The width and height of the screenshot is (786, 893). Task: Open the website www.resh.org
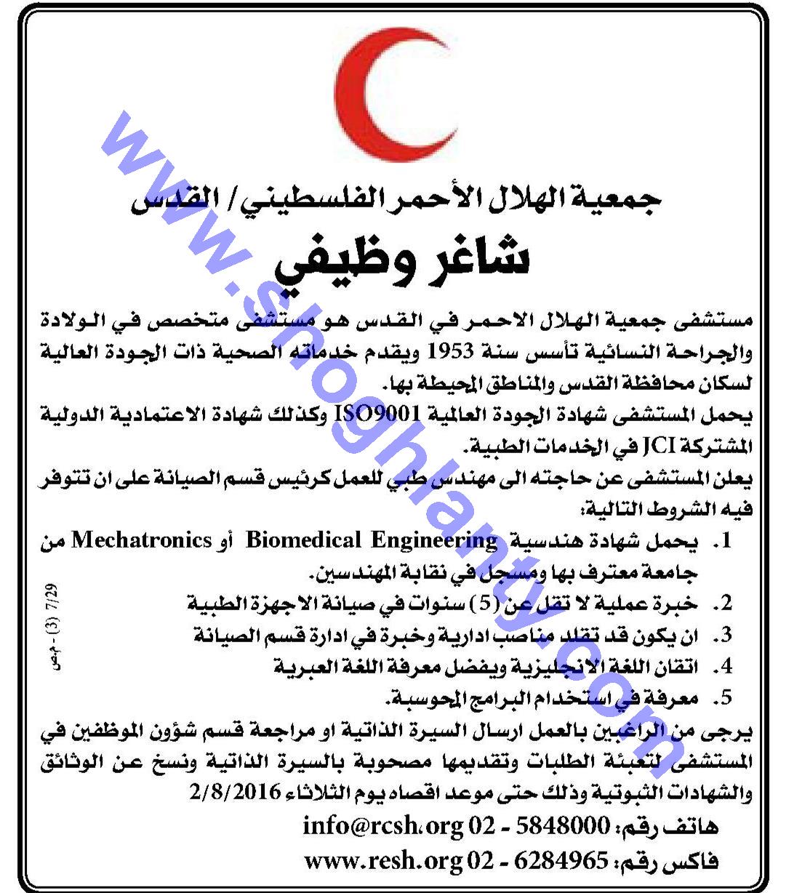click(382, 861)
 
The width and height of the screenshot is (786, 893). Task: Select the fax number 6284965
click(562, 861)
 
